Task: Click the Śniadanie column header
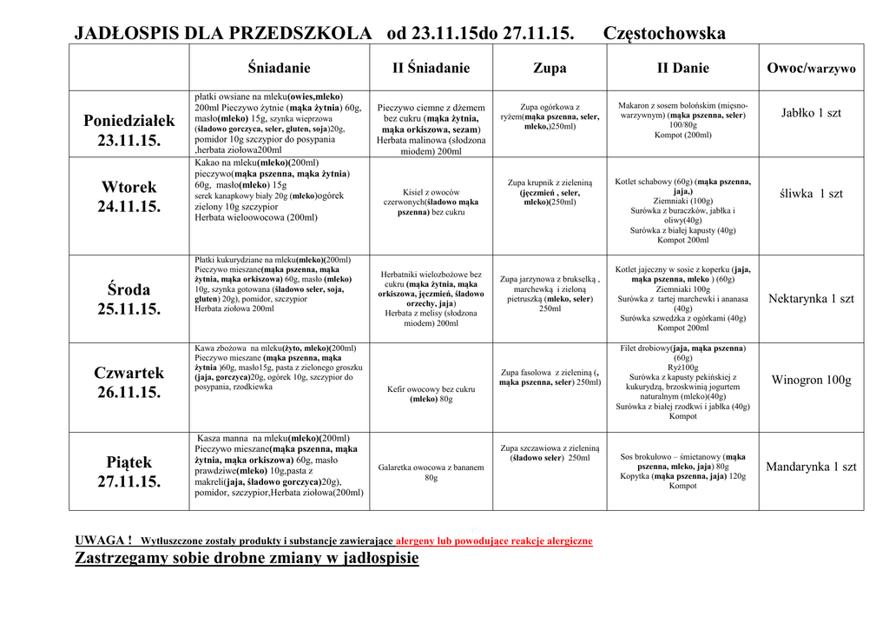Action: click(x=279, y=68)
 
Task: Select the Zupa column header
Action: click(x=550, y=68)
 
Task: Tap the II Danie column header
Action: click(x=682, y=68)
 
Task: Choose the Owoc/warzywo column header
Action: click(x=811, y=68)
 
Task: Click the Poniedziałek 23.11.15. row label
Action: click(x=128, y=129)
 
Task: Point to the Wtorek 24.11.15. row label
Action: click(x=128, y=196)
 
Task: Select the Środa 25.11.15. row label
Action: click(x=128, y=298)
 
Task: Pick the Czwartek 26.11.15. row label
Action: click(x=128, y=382)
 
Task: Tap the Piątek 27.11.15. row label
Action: click(x=128, y=472)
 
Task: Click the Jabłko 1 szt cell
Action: click(x=811, y=113)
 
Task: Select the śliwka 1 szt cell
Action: click(x=811, y=194)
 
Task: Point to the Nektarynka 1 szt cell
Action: click(x=811, y=299)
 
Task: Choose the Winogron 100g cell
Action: click(x=811, y=380)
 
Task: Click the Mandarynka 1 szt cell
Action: click(x=811, y=467)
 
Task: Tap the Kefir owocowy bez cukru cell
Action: click(x=431, y=394)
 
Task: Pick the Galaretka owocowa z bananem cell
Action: click(x=431, y=472)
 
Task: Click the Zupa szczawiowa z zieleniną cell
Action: click(x=550, y=453)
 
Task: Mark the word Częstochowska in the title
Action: click(x=663, y=34)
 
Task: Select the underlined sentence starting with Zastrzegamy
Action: click(x=247, y=558)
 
